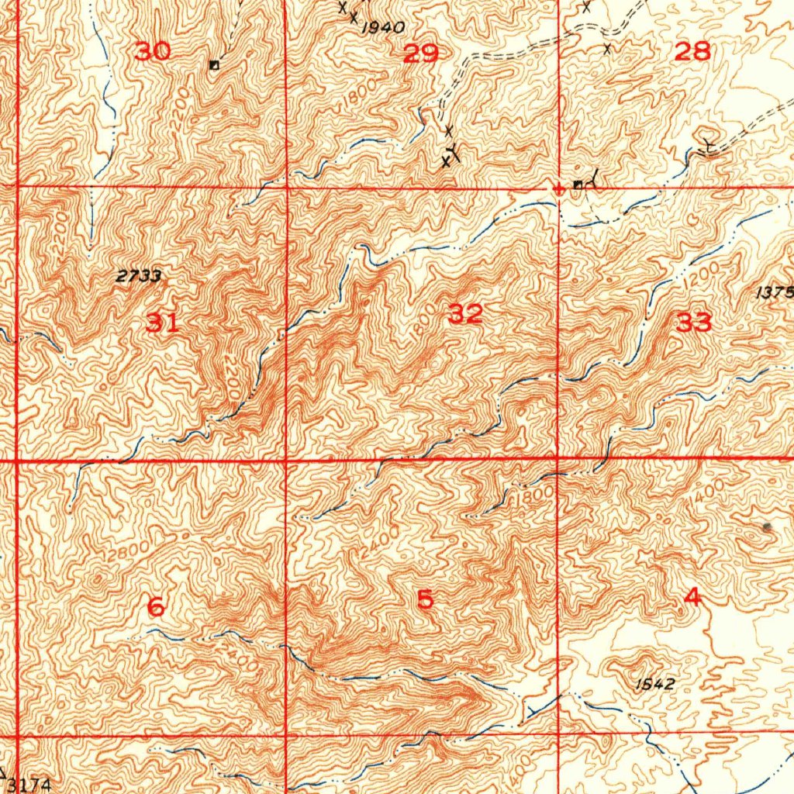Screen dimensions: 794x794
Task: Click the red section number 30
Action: coord(152,52)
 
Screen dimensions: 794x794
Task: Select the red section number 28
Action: coord(692,52)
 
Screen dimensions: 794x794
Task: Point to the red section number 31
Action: coord(162,323)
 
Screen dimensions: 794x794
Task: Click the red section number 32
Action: coord(465,314)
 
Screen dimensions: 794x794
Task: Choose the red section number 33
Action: coord(693,323)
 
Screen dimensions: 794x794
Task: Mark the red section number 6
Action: coord(155,607)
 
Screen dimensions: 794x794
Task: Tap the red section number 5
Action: coord(425,599)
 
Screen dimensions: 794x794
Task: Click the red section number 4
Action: coord(692,597)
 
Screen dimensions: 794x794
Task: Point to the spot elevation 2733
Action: coord(139,276)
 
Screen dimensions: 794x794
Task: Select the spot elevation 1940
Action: coord(383,28)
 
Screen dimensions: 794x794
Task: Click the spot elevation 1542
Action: coord(655,684)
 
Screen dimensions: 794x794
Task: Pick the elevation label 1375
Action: coord(775,292)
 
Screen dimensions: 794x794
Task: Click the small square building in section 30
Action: coord(214,65)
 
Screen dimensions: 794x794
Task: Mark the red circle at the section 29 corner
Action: coord(558,188)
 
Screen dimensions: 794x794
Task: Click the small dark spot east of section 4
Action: coord(768,527)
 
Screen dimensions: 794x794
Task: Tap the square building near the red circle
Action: coord(578,185)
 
